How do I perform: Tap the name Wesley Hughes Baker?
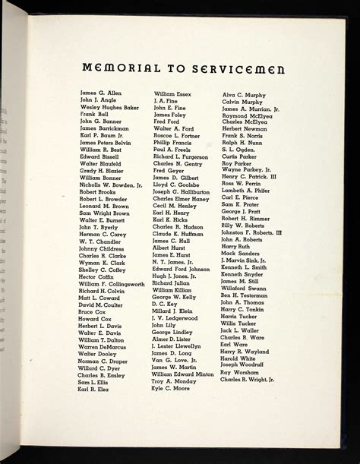tap(109, 108)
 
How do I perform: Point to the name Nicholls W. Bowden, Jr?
tap(110, 185)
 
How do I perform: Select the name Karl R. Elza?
tap(96, 388)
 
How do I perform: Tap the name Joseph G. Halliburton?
tap(186, 192)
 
